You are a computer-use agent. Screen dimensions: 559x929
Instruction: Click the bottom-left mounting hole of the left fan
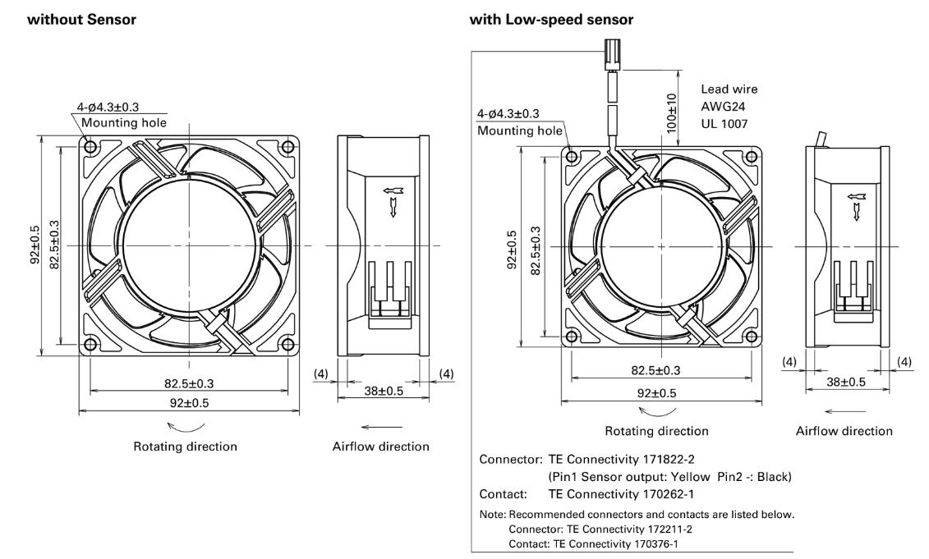(90, 344)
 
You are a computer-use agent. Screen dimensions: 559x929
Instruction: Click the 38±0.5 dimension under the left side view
(383, 391)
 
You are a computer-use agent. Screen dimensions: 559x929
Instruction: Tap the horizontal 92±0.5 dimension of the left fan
(188, 401)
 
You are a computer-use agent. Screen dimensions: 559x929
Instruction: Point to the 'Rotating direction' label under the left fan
(186, 447)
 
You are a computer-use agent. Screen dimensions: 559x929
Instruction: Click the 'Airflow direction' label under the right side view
(844, 431)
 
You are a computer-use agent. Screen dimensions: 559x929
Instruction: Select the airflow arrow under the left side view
(382, 426)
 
